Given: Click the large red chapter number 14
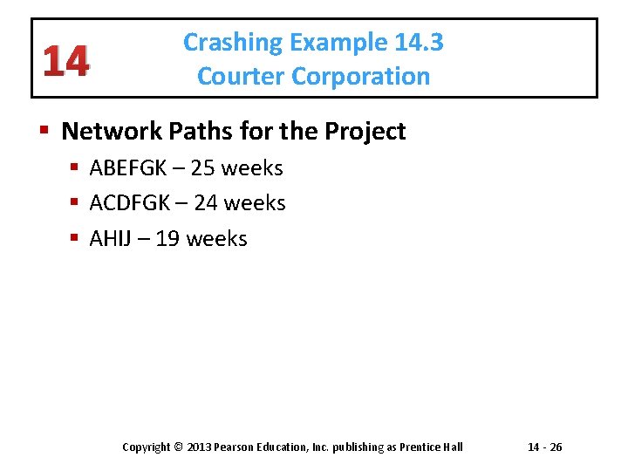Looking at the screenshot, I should (64, 61).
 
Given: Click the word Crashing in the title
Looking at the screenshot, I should (233, 43).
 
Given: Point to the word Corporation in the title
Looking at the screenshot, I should (361, 77).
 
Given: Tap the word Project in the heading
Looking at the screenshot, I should (365, 132).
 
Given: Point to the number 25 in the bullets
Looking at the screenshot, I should (203, 167).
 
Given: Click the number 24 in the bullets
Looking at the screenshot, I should (206, 203).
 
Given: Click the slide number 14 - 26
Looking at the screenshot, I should (545, 447).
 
